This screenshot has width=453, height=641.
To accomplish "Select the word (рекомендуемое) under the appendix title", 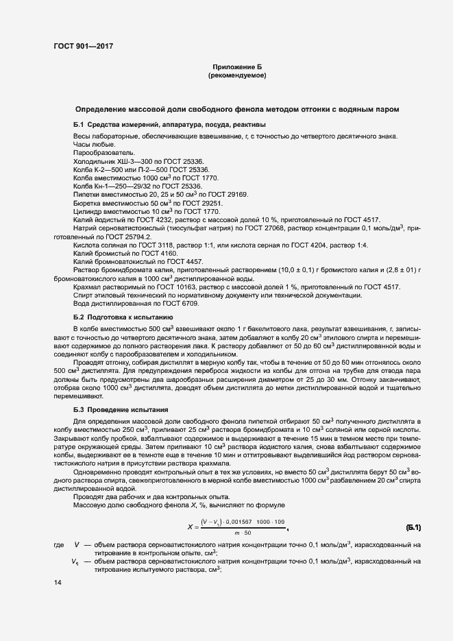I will [236, 75].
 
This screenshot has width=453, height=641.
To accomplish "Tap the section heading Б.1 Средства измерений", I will [169, 124].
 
